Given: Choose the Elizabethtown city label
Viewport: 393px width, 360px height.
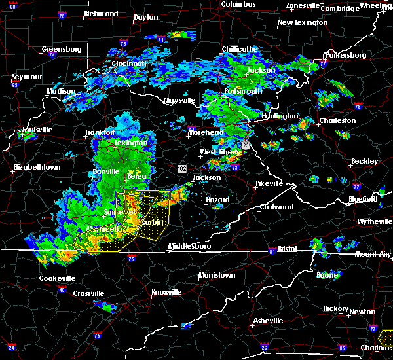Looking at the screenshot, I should (x=37, y=168).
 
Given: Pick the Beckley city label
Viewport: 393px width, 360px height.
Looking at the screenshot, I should (x=364, y=161).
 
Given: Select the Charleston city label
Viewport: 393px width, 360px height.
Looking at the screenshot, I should (x=337, y=120).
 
